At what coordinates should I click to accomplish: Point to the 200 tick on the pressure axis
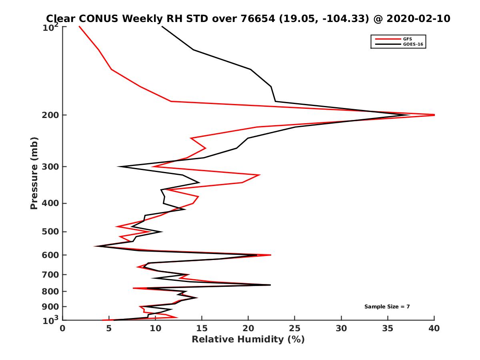(51, 115)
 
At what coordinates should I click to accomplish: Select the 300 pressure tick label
(51, 167)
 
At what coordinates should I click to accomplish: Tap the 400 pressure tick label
(51, 203)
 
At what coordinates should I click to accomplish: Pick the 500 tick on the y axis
(51, 232)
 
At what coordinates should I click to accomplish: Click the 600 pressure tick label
(51, 255)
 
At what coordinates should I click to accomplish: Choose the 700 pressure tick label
(51, 274)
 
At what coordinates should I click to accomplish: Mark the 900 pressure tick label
(51, 307)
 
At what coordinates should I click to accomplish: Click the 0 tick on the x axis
(63, 328)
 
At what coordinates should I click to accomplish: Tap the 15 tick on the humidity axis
(202, 328)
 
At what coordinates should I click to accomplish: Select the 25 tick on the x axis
(295, 328)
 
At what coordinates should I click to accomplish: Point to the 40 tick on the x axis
(434, 328)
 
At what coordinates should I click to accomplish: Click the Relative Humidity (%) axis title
(248, 340)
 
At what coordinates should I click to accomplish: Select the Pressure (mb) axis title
(34, 173)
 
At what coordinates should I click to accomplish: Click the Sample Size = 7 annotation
(387, 307)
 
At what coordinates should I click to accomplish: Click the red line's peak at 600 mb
(271, 255)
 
